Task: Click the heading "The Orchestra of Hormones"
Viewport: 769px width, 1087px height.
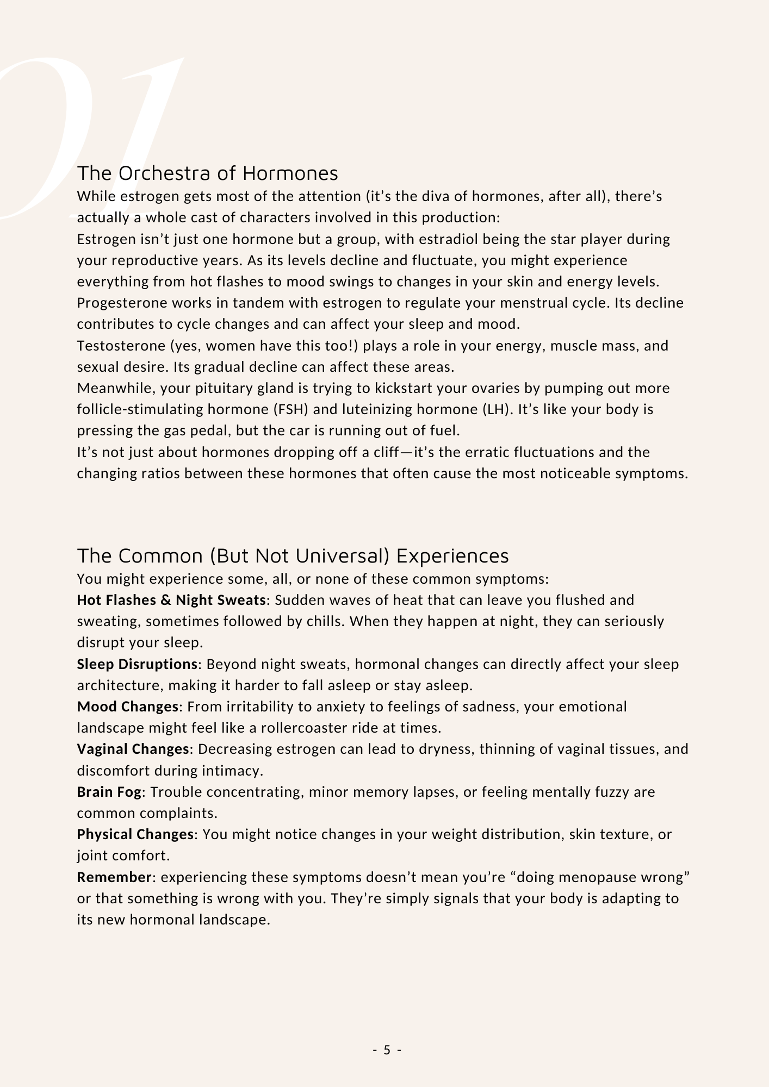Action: click(207, 173)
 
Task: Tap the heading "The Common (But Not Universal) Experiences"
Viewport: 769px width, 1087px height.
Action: click(293, 556)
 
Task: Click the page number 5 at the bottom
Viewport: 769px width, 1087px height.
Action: click(387, 1049)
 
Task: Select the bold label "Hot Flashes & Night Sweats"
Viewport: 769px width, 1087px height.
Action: click(171, 600)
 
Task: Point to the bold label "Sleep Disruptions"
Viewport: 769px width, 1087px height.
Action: click(137, 664)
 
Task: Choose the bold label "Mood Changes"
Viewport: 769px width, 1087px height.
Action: click(127, 707)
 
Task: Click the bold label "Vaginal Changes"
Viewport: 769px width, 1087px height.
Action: click(133, 749)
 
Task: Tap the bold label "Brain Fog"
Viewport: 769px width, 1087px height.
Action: click(109, 792)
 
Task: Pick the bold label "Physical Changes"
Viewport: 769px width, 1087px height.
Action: click(135, 834)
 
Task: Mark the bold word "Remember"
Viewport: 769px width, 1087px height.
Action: click(114, 877)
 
